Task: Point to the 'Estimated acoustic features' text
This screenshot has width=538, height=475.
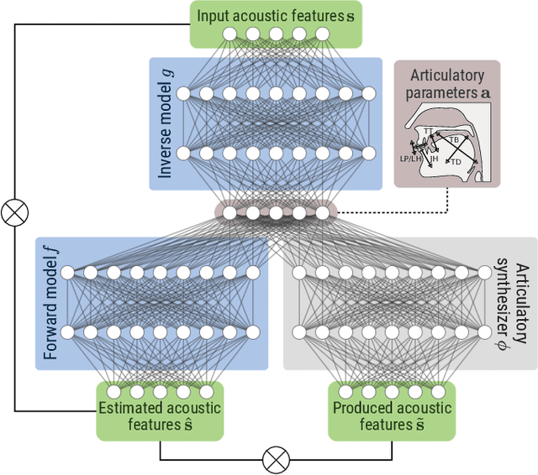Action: pos(160,415)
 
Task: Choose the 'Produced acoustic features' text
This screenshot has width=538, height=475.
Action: pos(391,415)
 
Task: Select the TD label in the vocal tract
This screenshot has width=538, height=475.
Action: pos(457,160)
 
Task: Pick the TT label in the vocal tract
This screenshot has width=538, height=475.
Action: pos(428,131)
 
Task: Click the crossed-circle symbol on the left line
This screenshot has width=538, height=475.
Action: pos(13,213)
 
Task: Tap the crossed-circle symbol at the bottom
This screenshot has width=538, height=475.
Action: pos(276,460)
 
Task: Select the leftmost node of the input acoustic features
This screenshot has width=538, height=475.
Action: pos(228,34)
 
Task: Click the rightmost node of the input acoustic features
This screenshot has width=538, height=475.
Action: pos(322,34)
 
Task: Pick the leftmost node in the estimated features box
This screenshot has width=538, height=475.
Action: pos(113,392)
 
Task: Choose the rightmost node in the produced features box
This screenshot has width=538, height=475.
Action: pos(438,392)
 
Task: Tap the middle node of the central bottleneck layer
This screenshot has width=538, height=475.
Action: pos(275,213)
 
